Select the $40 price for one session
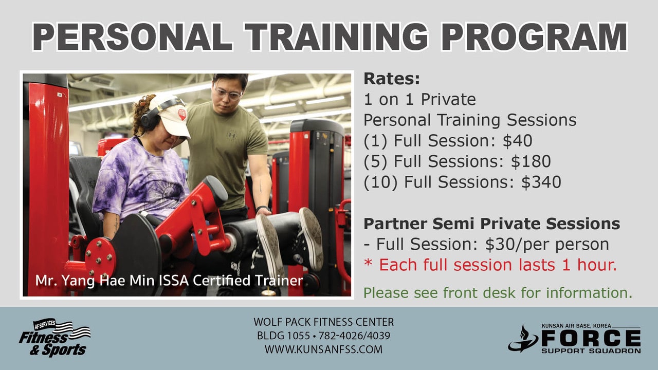pyautogui.click(x=517, y=141)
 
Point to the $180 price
pyautogui.click(x=531, y=161)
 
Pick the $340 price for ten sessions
pyautogui.click(x=541, y=182)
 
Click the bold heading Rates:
pyautogui.click(x=392, y=79)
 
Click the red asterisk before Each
pyautogui.click(x=368, y=262)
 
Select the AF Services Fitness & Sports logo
pyautogui.click(x=55, y=338)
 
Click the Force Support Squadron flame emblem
pyautogui.click(x=523, y=339)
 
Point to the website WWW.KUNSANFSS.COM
pyautogui.click(x=323, y=349)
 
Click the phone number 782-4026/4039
pyautogui.click(x=354, y=336)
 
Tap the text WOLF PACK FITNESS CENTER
pyautogui.click(x=323, y=322)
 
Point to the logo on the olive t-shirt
pyautogui.click(x=232, y=135)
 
